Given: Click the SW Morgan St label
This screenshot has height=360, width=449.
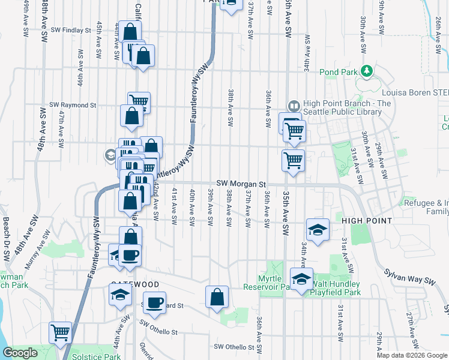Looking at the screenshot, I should [241, 183].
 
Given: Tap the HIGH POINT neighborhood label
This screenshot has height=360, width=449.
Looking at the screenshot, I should [367, 221].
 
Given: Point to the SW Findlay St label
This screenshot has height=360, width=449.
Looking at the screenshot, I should [71, 29].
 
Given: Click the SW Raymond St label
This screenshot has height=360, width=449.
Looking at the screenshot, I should [73, 104].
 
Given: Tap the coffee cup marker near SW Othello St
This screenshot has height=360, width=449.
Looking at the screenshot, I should [155, 302].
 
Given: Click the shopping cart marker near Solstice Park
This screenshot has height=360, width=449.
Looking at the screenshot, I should [60, 332].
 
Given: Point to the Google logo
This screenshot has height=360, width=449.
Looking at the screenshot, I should [20, 353].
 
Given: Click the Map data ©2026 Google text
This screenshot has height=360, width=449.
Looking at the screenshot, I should [412, 355].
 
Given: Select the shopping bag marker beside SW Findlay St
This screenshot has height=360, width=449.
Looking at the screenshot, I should [130, 31].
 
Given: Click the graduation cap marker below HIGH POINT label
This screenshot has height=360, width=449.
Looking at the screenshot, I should [317, 229].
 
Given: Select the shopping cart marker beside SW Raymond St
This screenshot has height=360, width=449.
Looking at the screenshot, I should [139, 102].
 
